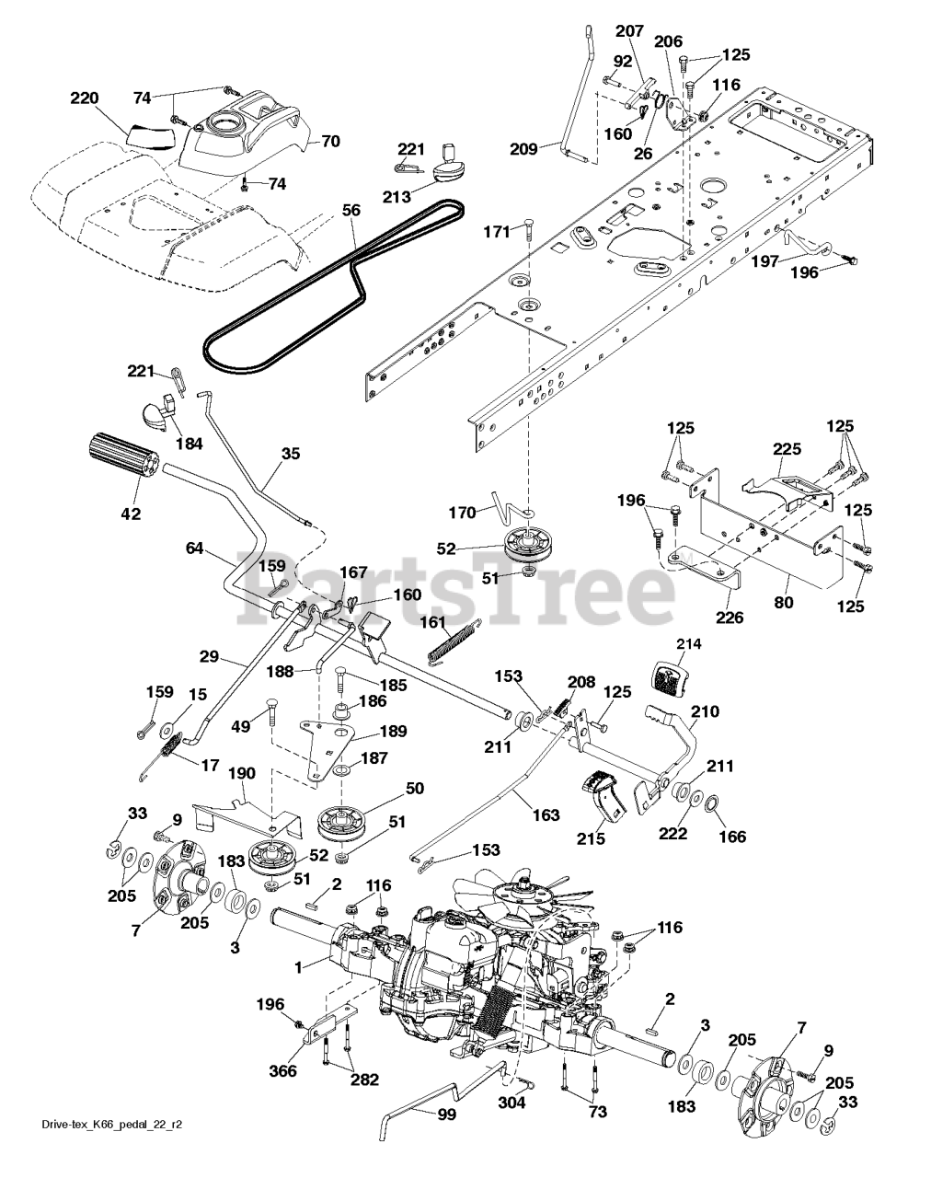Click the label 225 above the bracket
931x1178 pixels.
[x=787, y=450]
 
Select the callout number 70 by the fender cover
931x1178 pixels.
[x=328, y=142]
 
